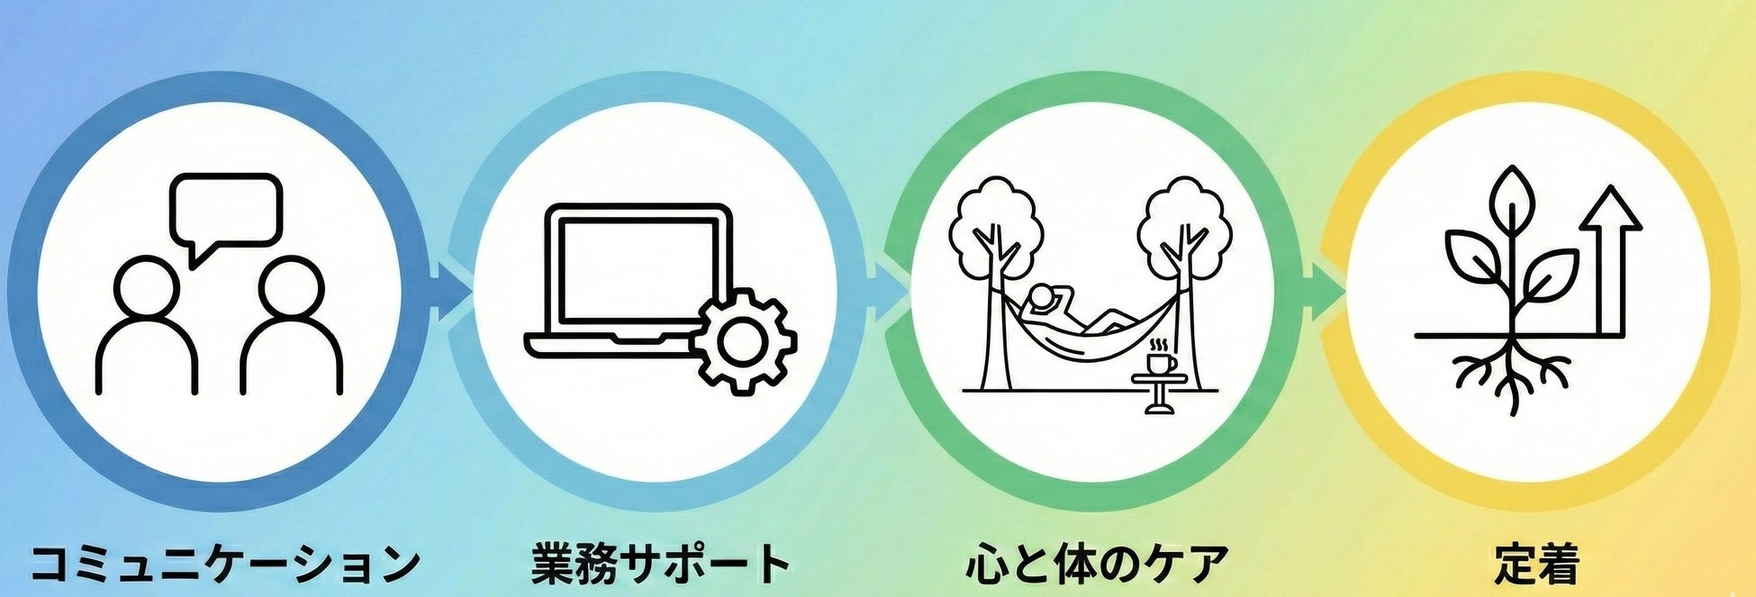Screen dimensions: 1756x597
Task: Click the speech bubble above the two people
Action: [226, 211]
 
